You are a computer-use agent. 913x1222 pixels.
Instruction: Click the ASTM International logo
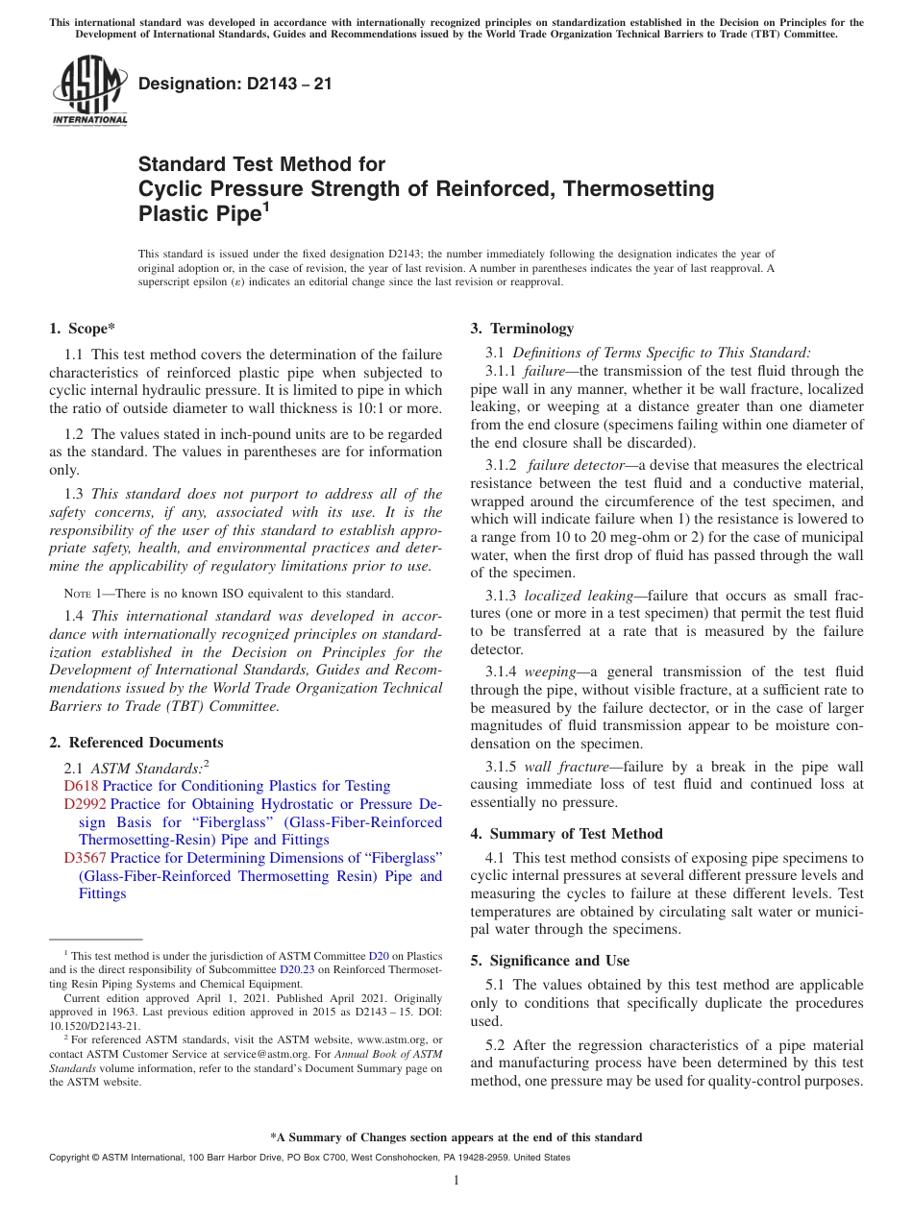(89, 91)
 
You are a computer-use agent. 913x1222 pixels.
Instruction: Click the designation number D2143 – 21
(235, 84)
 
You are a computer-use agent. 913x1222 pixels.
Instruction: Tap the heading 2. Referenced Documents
(136, 743)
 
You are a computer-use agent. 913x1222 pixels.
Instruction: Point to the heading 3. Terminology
(522, 329)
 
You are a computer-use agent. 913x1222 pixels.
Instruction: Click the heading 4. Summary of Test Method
(566, 834)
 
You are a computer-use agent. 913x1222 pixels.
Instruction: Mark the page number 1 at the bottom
(456, 1181)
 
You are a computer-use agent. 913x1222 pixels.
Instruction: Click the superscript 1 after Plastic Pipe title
(264, 206)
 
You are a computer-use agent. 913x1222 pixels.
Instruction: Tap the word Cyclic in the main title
(171, 189)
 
